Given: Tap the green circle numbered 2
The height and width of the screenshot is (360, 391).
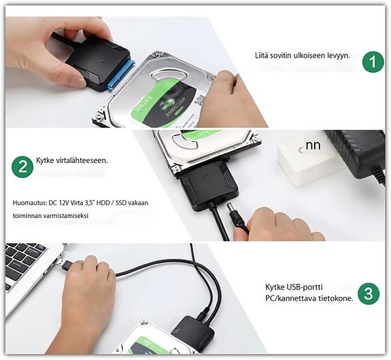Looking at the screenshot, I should pos(24,167).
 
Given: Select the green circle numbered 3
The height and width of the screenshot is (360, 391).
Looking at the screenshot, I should pos(368,294).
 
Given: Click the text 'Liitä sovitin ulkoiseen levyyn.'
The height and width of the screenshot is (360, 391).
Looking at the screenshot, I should pos(301,54).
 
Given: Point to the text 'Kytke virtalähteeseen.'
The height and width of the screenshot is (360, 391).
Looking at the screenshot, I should pos(72,161).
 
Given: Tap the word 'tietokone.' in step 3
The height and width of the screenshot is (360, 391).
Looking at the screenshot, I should pos(333,300).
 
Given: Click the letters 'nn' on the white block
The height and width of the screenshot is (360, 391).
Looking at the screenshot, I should pos(313,145).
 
